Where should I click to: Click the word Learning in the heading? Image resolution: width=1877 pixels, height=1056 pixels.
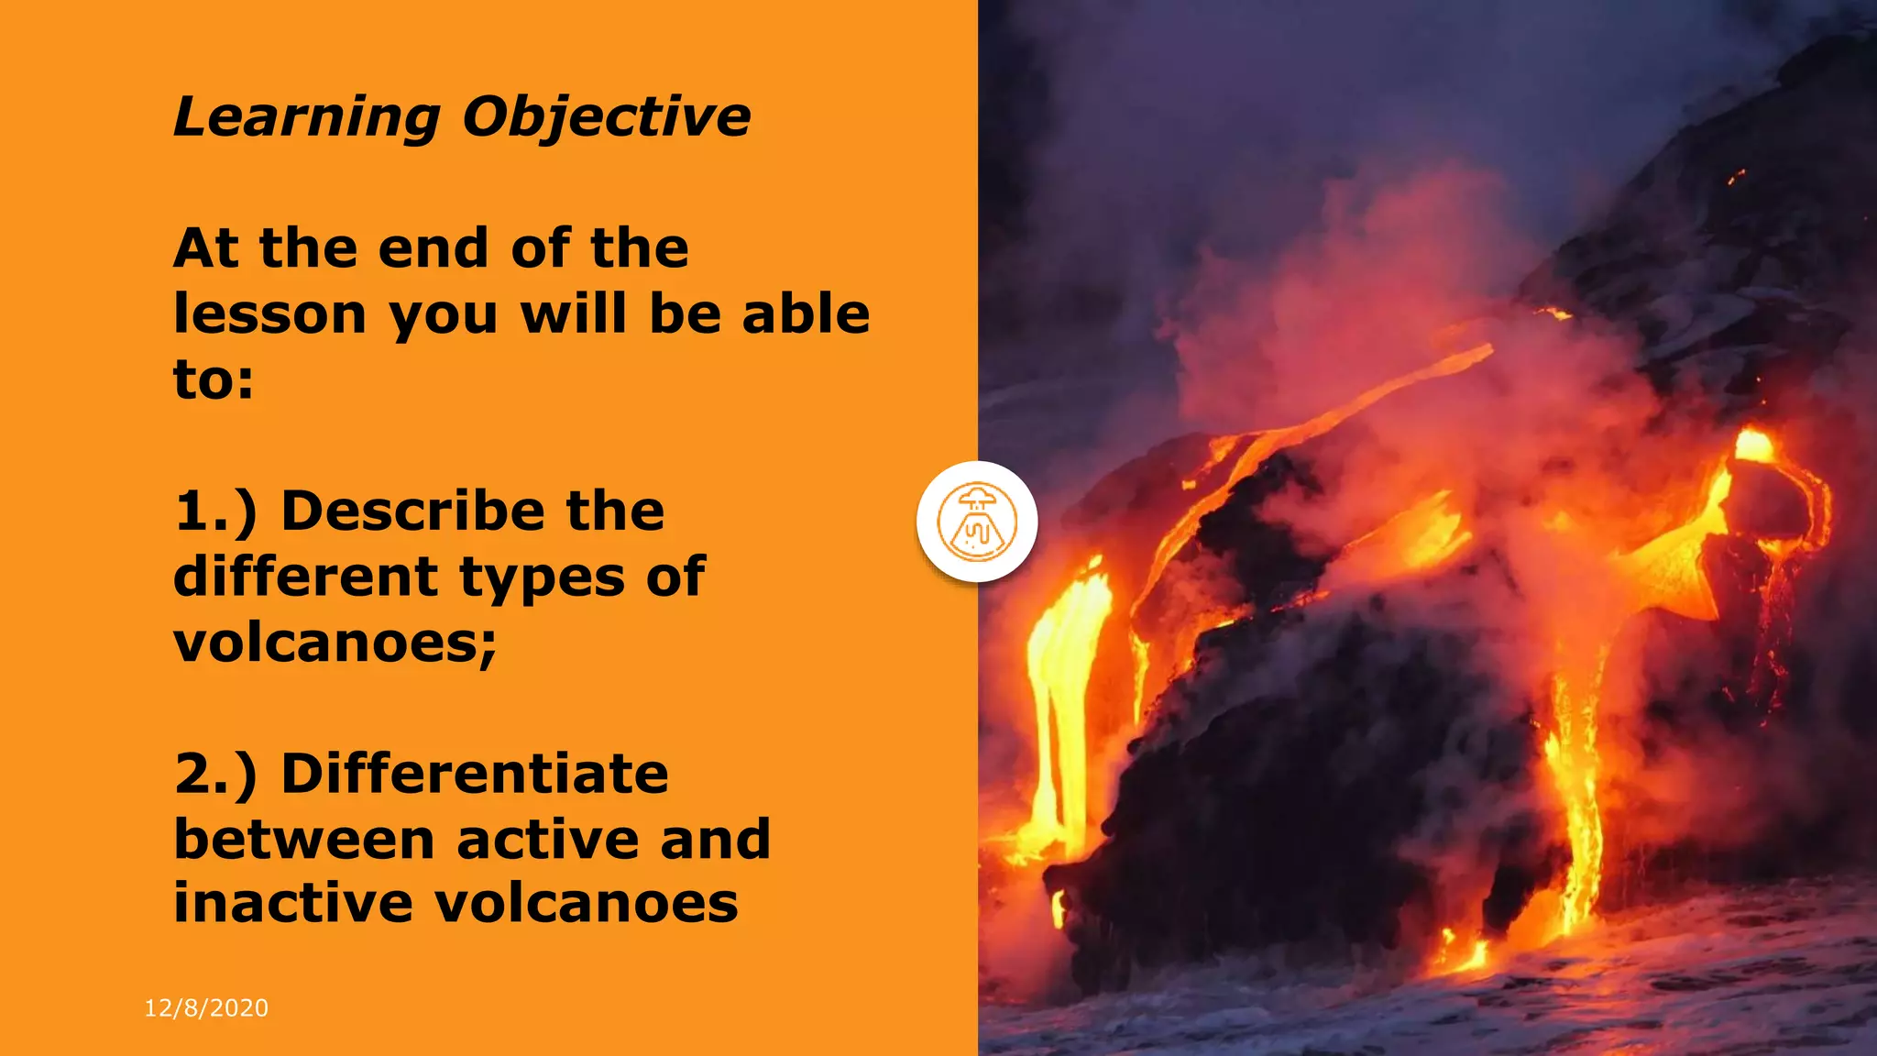coord(307,117)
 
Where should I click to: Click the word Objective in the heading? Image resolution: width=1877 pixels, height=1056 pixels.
coord(606,117)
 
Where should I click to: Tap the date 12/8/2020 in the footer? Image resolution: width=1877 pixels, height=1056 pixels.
coord(206,1008)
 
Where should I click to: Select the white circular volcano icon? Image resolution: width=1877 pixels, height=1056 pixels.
coord(977,522)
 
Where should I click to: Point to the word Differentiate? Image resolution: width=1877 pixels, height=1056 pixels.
coord(475,773)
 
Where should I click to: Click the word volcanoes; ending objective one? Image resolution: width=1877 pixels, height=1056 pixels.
coord(335,642)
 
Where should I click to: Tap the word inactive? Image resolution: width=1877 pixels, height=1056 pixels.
coord(293,903)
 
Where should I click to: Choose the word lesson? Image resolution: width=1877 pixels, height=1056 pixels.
coord(270,314)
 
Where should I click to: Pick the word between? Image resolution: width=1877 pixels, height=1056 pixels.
coord(303,839)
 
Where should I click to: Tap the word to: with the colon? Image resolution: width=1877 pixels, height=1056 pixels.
coord(214,379)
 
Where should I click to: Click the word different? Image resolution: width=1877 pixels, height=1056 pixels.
coord(305,577)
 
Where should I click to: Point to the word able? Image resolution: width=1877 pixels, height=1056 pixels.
coord(806,314)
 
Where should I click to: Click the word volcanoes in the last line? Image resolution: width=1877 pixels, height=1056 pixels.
coord(586,903)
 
